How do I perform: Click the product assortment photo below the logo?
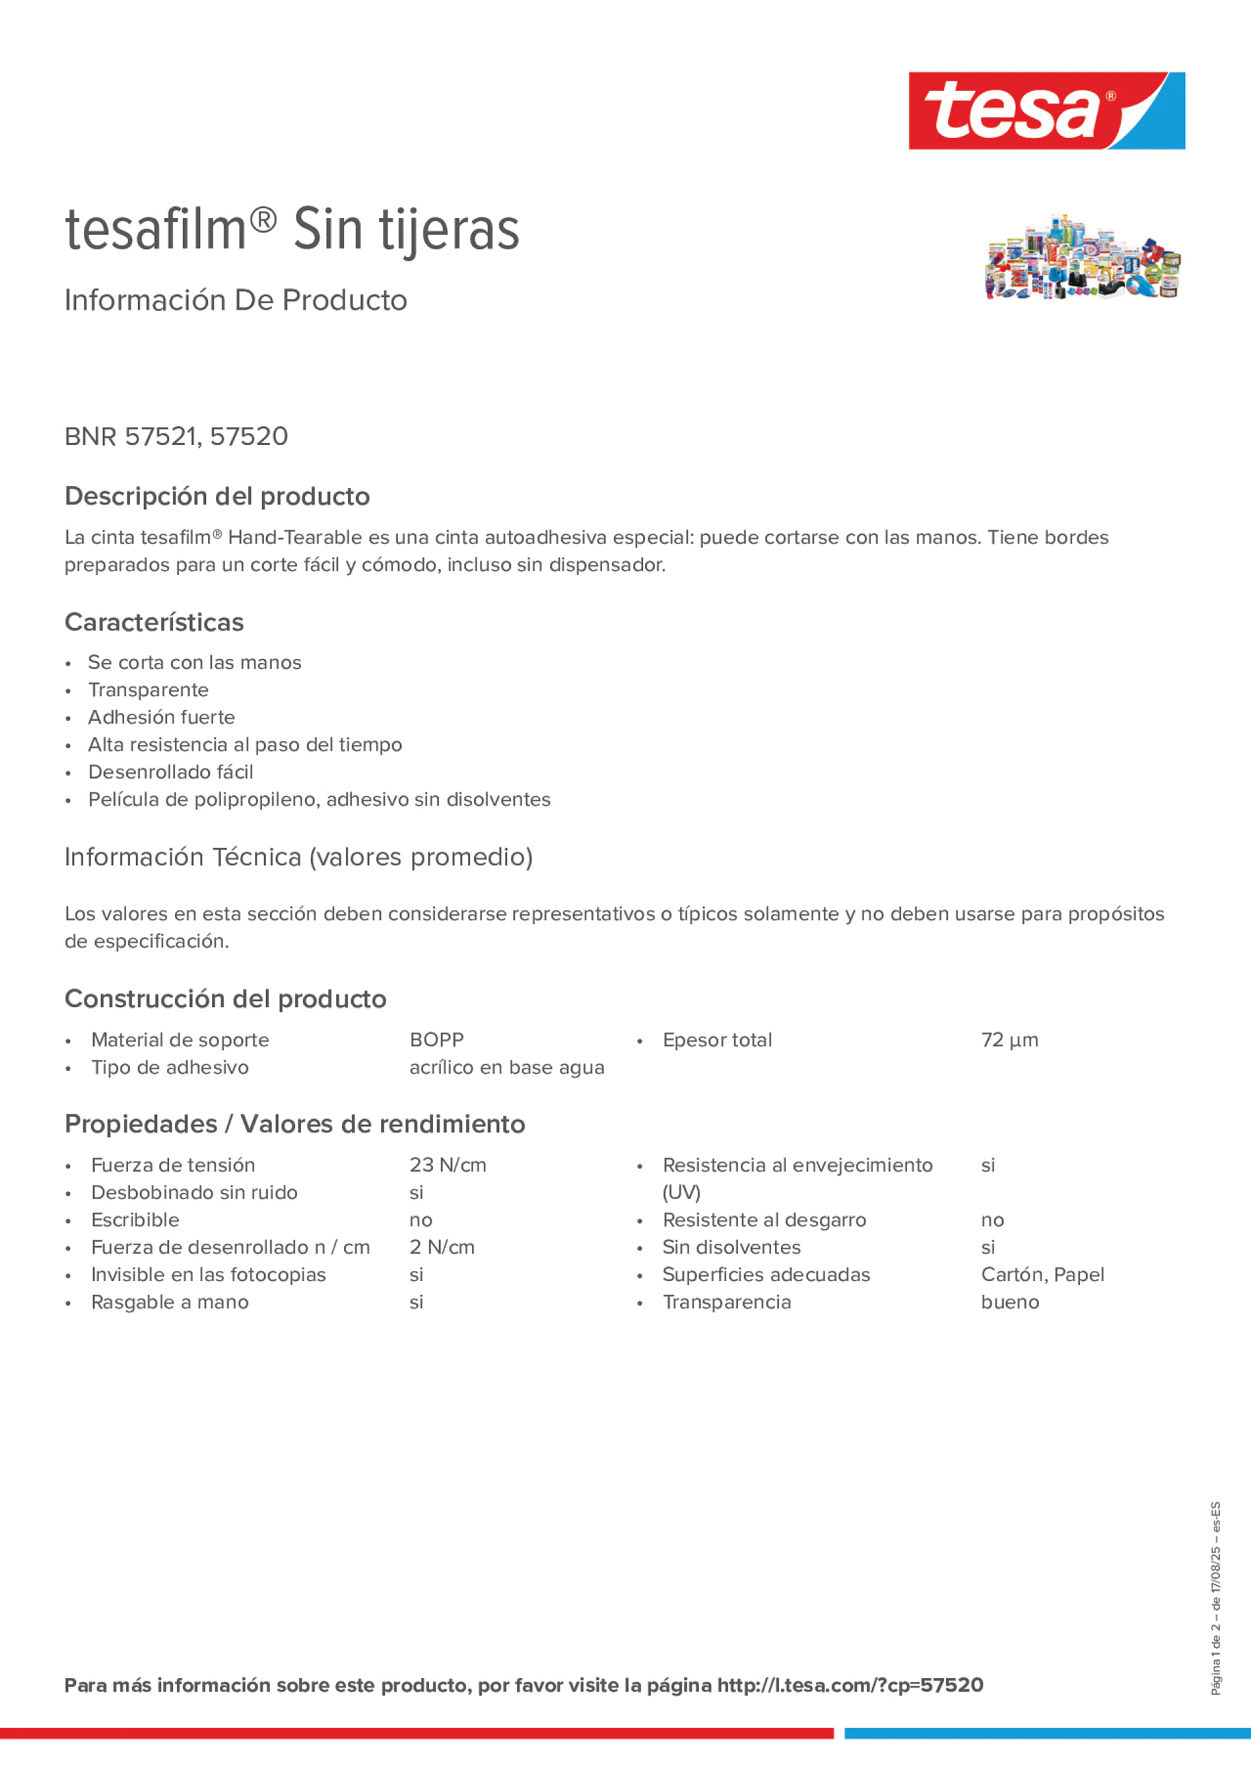click(1082, 257)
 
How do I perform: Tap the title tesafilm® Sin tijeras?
click(292, 229)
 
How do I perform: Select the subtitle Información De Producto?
click(235, 300)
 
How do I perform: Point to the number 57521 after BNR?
click(161, 436)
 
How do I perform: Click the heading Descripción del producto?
click(217, 496)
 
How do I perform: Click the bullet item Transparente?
click(148, 690)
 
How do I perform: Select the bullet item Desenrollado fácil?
click(170, 771)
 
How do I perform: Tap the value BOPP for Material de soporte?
click(436, 1040)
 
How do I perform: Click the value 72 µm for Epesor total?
click(1009, 1040)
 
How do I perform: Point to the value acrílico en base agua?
click(506, 1068)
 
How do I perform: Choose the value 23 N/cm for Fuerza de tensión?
click(447, 1165)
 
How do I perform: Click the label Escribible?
click(135, 1219)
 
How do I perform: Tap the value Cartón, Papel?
click(1042, 1274)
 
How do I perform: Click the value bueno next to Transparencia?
click(1010, 1302)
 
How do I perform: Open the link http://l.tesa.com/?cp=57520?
click(850, 1685)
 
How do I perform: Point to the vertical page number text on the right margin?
click(1215, 1597)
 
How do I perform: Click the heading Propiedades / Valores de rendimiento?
click(294, 1124)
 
